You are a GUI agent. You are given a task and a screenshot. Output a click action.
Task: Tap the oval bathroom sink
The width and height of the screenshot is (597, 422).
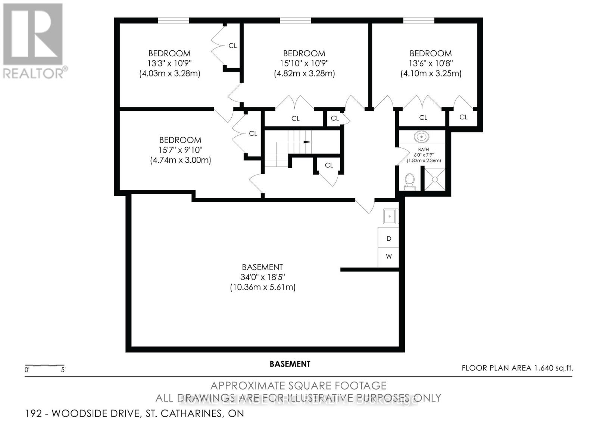click(x=422, y=137)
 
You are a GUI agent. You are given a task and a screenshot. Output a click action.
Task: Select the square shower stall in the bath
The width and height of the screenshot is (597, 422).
click(x=435, y=179)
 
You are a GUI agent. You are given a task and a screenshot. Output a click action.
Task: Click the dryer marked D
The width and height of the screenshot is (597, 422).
click(x=389, y=238)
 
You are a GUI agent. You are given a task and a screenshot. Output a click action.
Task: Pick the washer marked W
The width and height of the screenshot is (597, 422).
click(x=389, y=256)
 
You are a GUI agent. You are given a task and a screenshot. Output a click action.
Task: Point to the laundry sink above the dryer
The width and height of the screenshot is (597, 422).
click(x=390, y=216)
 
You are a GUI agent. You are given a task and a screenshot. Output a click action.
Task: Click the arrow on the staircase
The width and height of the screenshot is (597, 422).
click(x=307, y=142)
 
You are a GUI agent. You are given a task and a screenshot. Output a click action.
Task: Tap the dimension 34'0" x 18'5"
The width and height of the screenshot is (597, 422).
click(x=263, y=277)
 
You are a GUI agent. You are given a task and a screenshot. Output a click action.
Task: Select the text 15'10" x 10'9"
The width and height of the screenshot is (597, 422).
click(x=304, y=63)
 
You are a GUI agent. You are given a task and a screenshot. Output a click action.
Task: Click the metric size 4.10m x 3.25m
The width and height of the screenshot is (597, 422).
click(x=431, y=74)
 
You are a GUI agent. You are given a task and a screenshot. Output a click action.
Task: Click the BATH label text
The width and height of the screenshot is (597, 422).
click(x=423, y=150)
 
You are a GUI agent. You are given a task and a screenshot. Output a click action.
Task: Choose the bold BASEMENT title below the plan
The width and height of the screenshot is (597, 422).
click(x=290, y=364)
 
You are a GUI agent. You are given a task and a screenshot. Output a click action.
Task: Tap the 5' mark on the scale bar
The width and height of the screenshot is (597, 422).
click(x=63, y=370)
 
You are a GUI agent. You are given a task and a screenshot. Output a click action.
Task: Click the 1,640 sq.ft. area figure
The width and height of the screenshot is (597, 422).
click(x=553, y=368)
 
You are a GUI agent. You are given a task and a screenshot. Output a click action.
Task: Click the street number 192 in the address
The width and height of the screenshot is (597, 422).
click(x=33, y=413)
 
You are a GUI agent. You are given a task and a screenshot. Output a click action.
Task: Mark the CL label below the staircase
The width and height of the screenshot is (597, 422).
click(x=329, y=165)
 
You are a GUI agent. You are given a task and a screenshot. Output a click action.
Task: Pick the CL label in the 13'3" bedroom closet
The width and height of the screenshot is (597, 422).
click(x=232, y=46)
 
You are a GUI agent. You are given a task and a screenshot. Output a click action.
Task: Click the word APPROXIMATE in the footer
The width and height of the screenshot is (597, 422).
click(x=246, y=385)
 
